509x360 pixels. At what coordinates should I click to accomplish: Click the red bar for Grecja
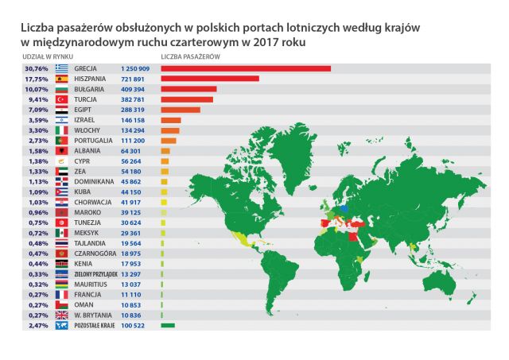pos(245,68)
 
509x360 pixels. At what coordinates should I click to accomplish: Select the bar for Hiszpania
pos(210,79)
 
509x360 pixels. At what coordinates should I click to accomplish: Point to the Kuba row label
pos(84,192)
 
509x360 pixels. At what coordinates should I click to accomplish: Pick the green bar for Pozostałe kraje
pos(168,326)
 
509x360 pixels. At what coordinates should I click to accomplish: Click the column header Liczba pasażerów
pos(190,58)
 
